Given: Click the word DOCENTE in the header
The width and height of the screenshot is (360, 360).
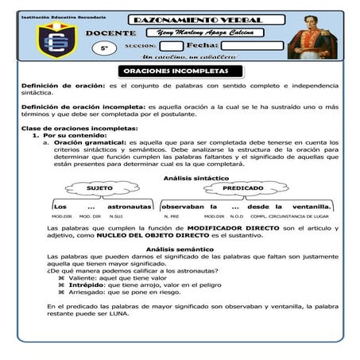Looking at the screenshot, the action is click(x=109, y=33).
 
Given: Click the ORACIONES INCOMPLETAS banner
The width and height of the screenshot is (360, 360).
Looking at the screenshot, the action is click(x=180, y=71).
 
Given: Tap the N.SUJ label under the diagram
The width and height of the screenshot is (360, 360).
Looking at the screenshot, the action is click(x=117, y=216).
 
